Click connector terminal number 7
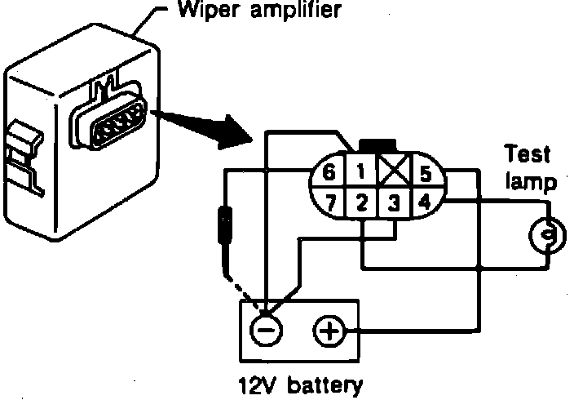point(328,202)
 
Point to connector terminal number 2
point(363,202)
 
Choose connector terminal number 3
point(395,202)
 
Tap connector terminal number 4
point(425,201)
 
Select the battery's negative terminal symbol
point(267,331)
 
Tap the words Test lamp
point(528,168)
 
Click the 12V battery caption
point(299,384)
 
